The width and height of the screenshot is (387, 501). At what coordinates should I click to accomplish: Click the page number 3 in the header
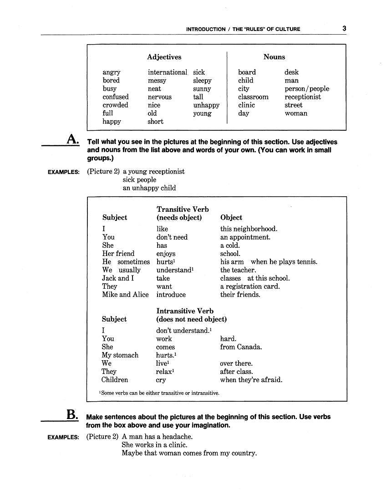click(344, 29)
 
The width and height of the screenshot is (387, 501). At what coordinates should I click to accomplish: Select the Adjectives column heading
click(164, 57)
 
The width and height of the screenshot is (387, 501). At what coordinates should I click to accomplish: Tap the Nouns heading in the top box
click(274, 57)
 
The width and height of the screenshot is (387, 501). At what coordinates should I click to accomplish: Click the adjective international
click(167, 72)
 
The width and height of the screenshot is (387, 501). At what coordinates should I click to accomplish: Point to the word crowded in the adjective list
click(115, 105)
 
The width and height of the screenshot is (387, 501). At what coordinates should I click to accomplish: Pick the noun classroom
click(253, 97)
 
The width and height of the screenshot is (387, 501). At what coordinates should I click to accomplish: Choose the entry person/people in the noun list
click(306, 88)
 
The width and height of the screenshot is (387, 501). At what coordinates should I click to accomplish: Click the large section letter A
click(72, 139)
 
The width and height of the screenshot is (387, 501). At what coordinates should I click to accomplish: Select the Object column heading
click(231, 217)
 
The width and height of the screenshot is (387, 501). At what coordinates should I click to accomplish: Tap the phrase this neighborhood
click(249, 229)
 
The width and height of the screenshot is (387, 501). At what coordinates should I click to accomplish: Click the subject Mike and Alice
click(125, 294)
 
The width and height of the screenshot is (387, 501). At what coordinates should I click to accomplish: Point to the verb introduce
click(171, 294)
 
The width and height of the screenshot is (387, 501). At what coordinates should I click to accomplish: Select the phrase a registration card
click(250, 286)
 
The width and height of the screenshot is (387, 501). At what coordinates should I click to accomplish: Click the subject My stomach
click(120, 355)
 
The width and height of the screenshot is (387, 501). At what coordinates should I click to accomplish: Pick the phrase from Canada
click(241, 347)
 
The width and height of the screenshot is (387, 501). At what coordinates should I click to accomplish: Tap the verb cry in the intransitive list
click(161, 380)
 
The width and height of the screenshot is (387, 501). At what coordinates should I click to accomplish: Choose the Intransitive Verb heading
click(185, 311)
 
